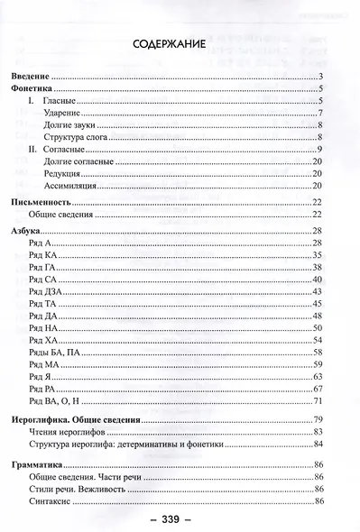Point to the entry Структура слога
coord(74,136)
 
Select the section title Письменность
coord(40,204)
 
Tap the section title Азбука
coord(25,232)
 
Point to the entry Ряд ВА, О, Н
coord(53,399)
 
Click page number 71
coord(318,399)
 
